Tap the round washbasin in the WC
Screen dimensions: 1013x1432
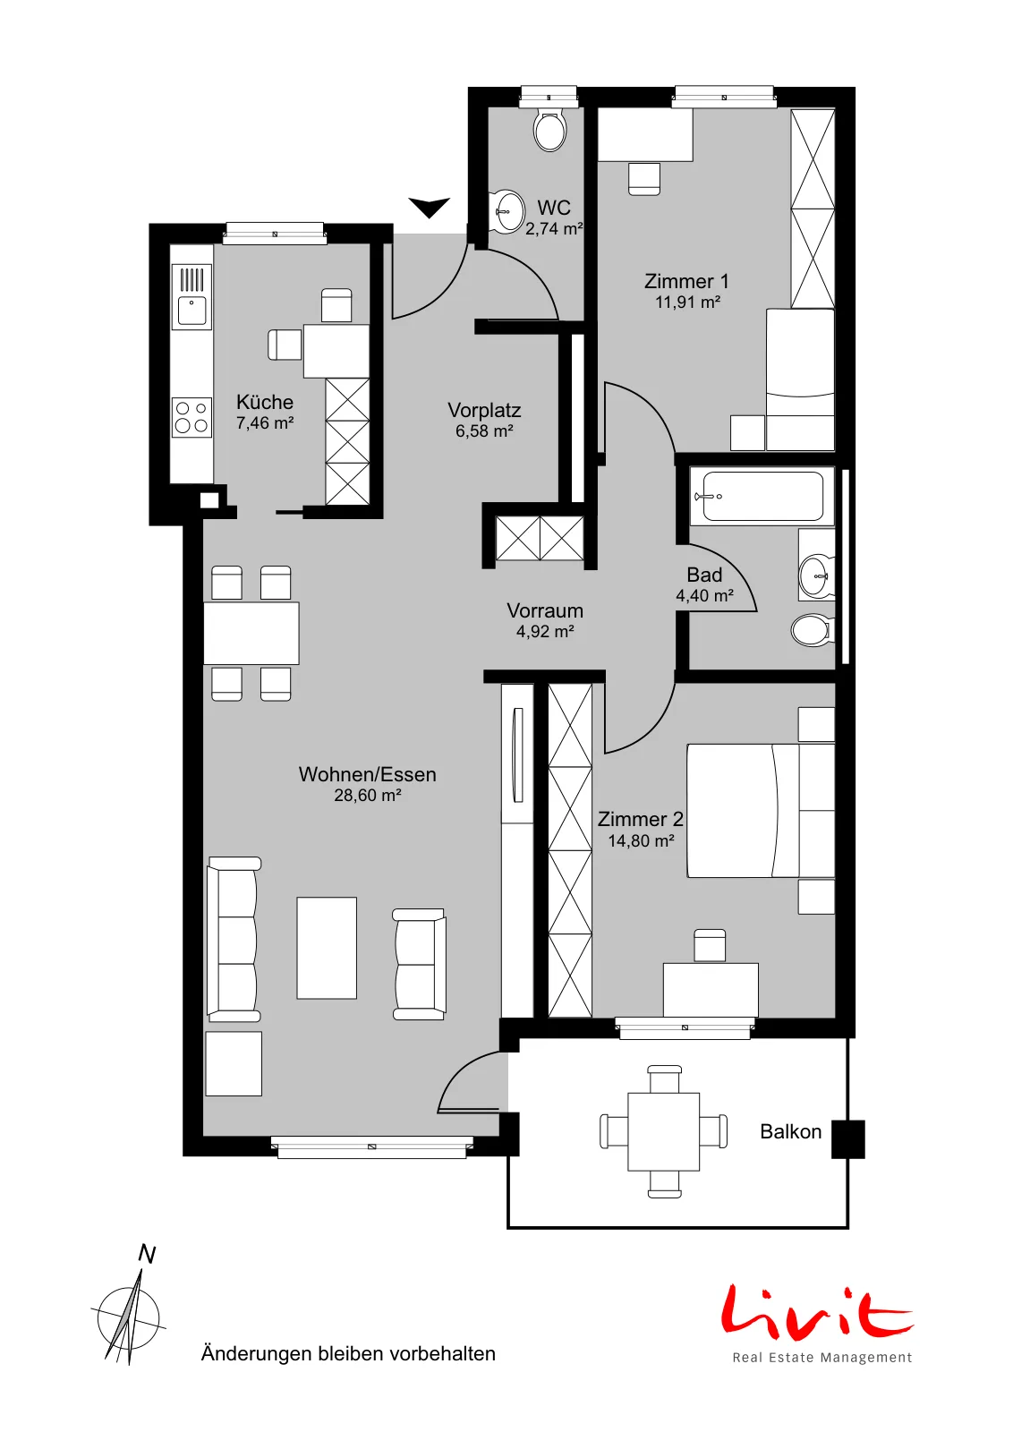coord(506,210)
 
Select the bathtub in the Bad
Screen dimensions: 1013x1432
coord(762,496)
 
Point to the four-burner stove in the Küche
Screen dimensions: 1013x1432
coord(192,417)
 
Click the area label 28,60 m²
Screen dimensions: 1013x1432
coord(368,796)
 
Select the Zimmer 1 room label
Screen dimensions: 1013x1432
coord(686,281)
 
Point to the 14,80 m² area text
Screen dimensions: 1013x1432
coord(641,840)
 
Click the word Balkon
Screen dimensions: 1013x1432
coord(790,1131)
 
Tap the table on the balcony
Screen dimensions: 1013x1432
coord(663,1131)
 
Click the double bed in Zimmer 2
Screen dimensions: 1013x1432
coord(761,810)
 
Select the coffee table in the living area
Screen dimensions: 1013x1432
coord(327,948)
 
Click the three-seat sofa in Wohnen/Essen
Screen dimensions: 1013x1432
coord(234,940)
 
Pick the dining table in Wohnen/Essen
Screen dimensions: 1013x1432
coord(251,633)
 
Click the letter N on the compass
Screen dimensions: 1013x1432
coord(148,1255)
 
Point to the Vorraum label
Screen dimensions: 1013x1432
coord(545,610)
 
